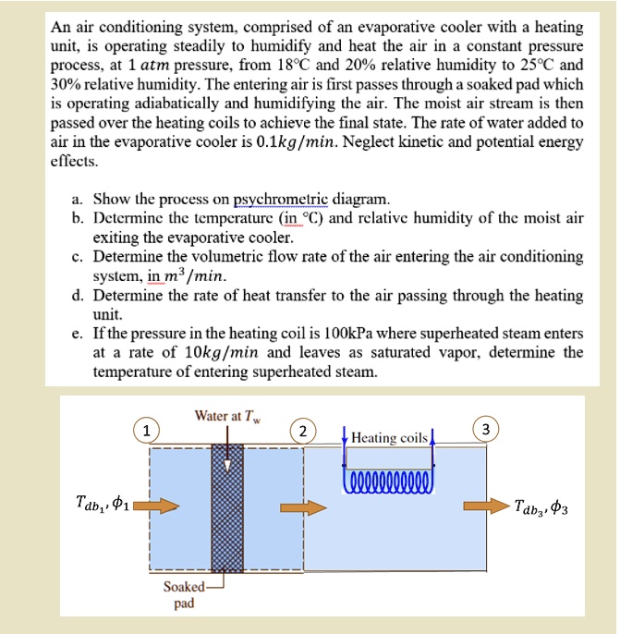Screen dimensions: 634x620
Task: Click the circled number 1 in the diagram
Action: tap(146, 429)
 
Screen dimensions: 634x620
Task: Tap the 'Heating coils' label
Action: tap(389, 437)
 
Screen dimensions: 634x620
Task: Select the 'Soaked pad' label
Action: tap(181, 595)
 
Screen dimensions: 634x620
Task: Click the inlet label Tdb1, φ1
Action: tap(102, 506)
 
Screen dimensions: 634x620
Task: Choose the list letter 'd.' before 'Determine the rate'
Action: tap(78, 296)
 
